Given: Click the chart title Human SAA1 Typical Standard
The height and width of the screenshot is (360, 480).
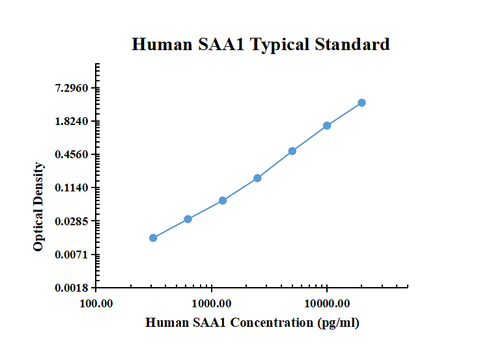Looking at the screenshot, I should [x=261, y=44].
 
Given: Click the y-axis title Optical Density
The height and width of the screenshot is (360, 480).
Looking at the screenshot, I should [x=38, y=207].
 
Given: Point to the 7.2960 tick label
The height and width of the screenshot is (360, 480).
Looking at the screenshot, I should [x=74, y=88].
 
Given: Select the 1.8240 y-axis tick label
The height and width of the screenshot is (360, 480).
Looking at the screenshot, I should [x=74, y=121].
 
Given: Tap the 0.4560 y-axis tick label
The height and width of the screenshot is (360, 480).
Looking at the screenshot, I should [x=74, y=154].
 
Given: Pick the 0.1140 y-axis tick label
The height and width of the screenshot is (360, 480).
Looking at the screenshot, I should [x=74, y=187].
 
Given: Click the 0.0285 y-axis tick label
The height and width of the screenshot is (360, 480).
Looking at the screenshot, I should [x=74, y=221].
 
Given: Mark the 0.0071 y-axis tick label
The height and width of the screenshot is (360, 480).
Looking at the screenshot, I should [x=74, y=255].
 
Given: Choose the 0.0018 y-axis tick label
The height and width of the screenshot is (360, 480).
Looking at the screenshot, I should [x=74, y=288].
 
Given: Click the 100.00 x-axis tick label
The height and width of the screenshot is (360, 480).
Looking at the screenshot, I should [x=96, y=303].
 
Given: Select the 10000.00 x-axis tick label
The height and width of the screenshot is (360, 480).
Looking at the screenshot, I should [x=327, y=303].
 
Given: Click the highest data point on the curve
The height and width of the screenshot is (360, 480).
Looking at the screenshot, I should [x=361, y=103].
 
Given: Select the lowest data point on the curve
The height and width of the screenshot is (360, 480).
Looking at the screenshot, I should [x=153, y=238].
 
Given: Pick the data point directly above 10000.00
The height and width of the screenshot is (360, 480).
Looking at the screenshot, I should [x=327, y=126].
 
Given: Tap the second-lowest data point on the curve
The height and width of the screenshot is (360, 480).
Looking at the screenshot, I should [x=188, y=219].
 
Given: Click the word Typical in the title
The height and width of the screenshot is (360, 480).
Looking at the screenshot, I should [x=280, y=44].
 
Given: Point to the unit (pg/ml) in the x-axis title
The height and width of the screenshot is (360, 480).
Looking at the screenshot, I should [x=338, y=322].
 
